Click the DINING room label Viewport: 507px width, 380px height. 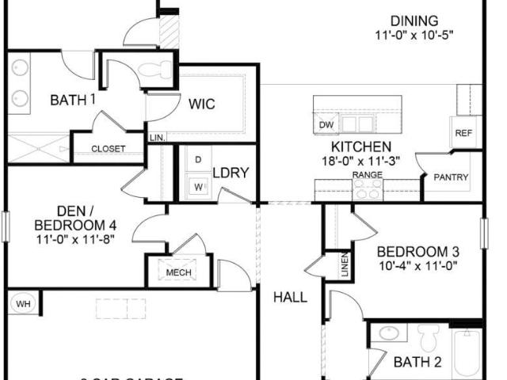[x=417, y=21]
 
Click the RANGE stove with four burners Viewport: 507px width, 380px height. [x=368, y=188]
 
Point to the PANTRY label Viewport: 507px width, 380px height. [x=451, y=177]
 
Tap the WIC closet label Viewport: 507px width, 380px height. [x=202, y=104]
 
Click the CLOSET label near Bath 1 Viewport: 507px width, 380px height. [x=108, y=149]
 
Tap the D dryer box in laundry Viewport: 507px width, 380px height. [x=197, y=159]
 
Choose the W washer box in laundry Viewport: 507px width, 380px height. [x=197, y=187]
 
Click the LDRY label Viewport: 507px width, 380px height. [x=231, y=173]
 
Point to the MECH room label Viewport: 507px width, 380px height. [x=179, y=273]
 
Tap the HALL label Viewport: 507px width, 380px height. [x=290, y=298]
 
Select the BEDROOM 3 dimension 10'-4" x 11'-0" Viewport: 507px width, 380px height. [x=417, y=267]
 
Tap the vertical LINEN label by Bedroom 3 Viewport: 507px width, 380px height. [x=345, y=267]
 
